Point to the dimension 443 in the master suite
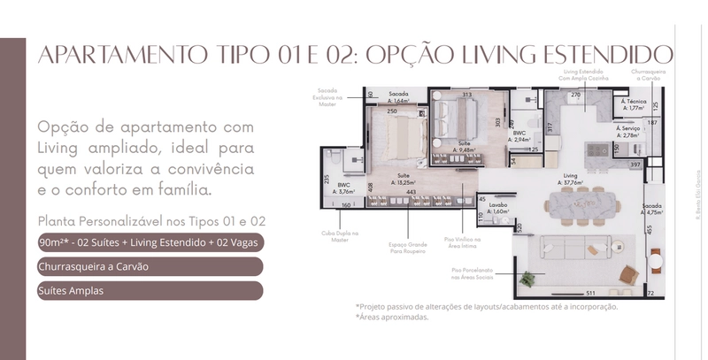412,192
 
